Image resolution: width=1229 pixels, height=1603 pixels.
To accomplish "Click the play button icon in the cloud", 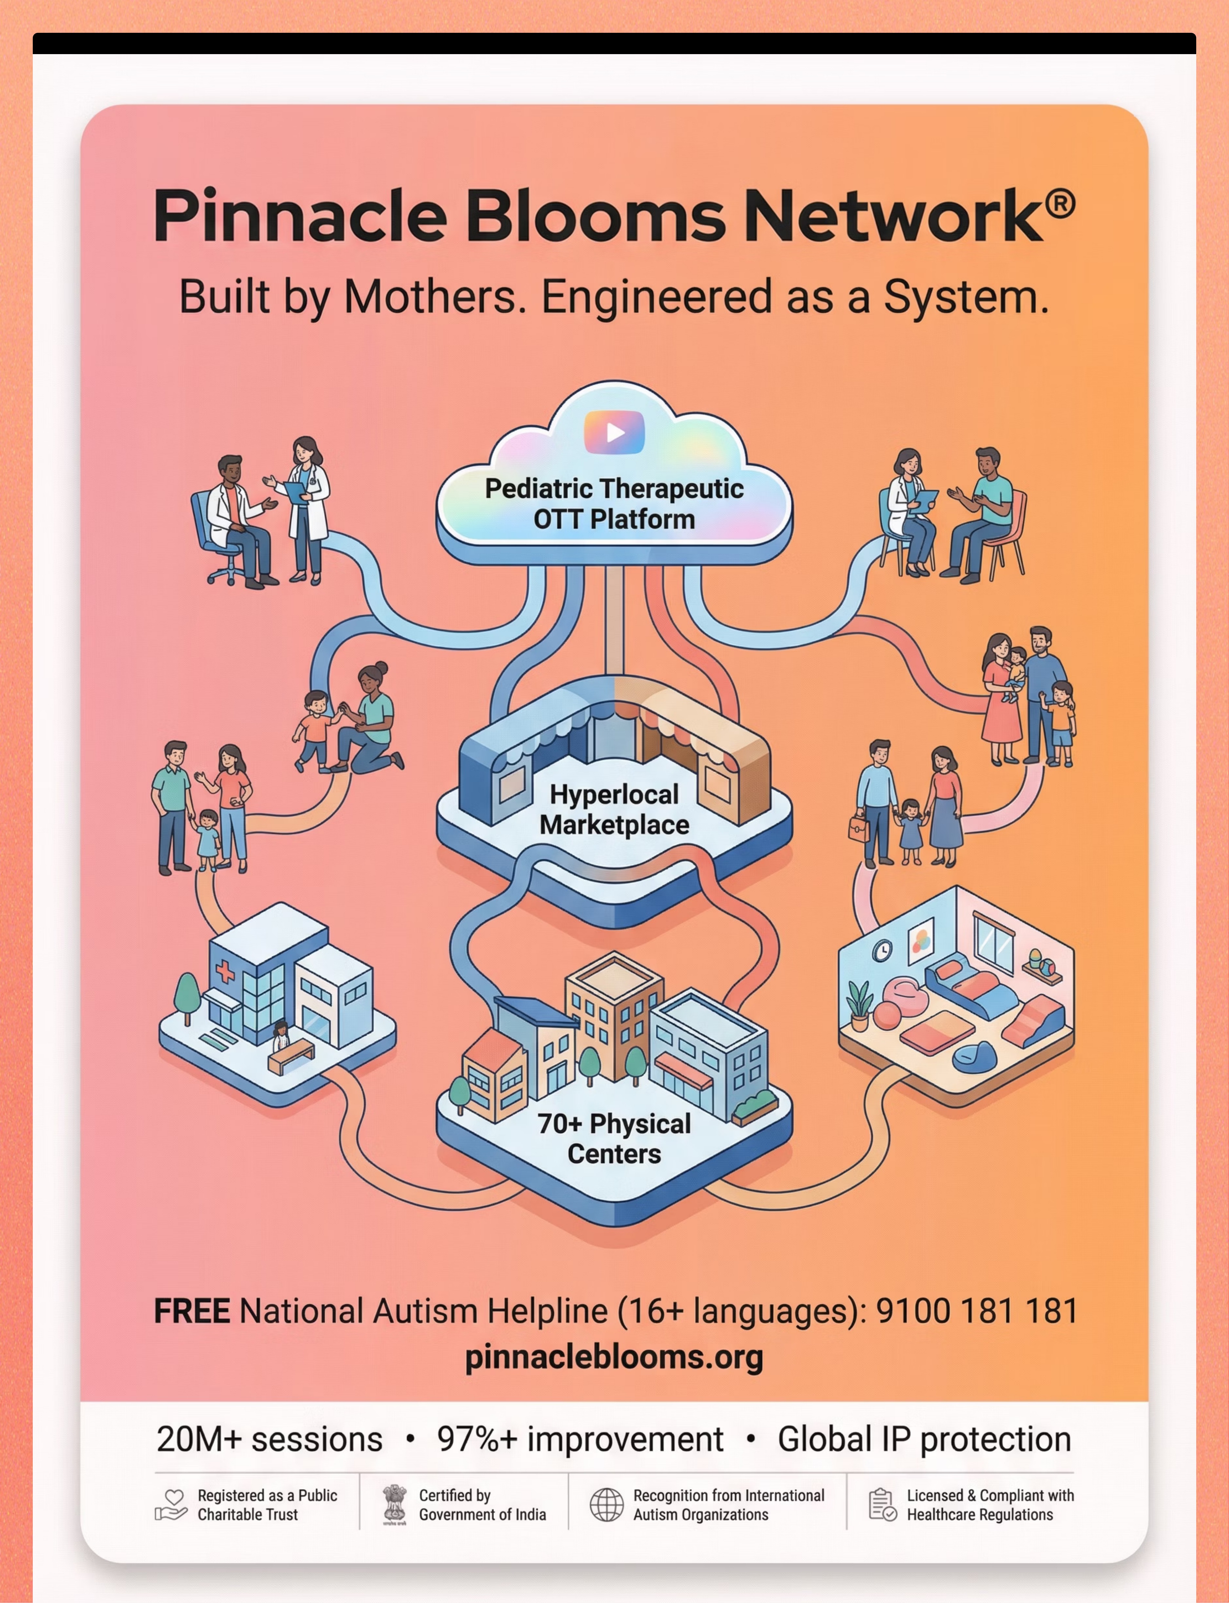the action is coord(614,433).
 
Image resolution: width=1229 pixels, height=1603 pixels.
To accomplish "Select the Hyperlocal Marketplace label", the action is coord(614,810).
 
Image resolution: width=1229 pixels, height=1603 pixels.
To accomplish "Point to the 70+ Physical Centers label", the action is coord(614,1139).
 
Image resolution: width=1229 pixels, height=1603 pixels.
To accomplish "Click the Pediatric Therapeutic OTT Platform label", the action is coord(614,504).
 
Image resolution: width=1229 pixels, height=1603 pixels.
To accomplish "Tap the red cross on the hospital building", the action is coord(224,971).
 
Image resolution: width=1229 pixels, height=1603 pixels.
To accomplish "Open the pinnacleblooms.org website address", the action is coord(614,1358).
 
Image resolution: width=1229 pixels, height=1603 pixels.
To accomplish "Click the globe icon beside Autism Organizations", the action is coord(606,1505).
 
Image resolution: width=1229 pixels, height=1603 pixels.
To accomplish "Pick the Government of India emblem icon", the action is coord(394,1505).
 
